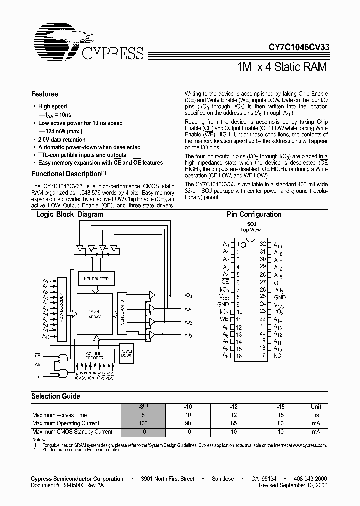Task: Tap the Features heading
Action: [45, 94]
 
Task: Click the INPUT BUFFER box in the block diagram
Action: [96, 279]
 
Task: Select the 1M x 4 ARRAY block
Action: [94, 314]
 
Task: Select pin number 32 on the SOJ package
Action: [263, 244]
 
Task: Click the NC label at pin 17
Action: [278, 355]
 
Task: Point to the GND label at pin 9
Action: [223, 304]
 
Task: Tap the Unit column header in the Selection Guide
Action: [316, 407]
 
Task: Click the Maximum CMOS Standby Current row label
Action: [72, 432]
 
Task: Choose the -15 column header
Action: [281, 407]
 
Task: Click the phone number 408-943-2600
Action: [307, 479]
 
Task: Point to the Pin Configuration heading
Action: [254, 214]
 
